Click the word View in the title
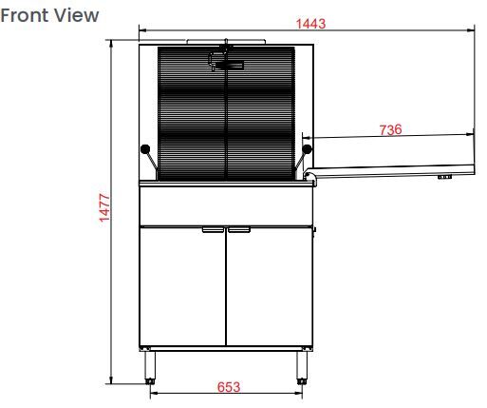pyautogui.click(x=79, y=16)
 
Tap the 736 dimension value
pyautogui.click(x=389, y=129)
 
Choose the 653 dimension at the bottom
pyautogui.click(x=229, y=386)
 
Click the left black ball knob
pyautogui.click(x=144, y=148)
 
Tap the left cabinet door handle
pyautogui.click(x=213, y=229)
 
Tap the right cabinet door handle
pyautogui.click(x=238, y=229)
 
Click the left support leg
pyautogui.click(x=151, y=365)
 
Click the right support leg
pyautogui.click(x=304, y=365)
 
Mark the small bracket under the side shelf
pyautogui.click(x=442, y=177)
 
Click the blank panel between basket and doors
pyautogui.click(x=226, y=203)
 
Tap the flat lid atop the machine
pyautogui.click(x=226, y=42)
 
